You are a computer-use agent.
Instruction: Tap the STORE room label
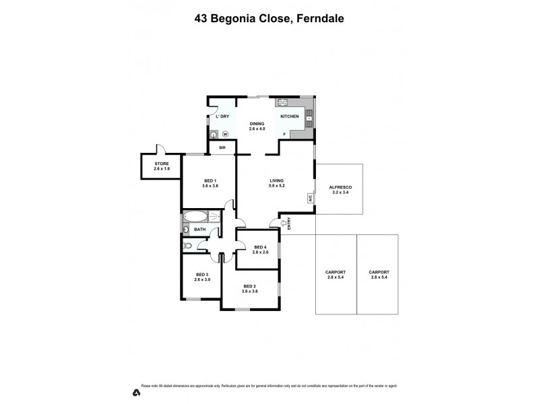(162, 164)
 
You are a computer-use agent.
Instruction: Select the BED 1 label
(210, 180)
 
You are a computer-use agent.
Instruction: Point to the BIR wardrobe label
(222, 147)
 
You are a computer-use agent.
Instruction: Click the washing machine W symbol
(225, 133)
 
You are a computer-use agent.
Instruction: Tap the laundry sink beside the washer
(214, 133)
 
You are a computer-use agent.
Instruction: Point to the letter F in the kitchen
(284, 134)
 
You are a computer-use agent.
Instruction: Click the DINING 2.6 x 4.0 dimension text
(257, 128)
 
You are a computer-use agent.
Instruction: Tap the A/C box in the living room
(310, 199)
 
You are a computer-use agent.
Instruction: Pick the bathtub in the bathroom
(196, 217)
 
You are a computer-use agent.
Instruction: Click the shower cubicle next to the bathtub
(214, 217)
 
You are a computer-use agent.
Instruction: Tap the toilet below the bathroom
(188, 246)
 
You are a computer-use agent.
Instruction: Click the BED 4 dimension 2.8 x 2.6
(261, 253)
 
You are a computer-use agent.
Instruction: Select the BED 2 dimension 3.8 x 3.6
(250, 291)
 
